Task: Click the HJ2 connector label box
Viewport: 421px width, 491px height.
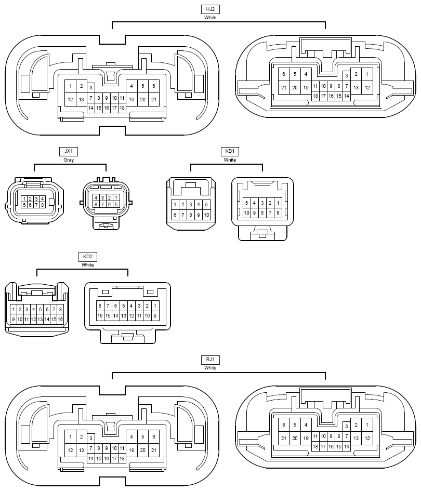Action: [x=210, y=9]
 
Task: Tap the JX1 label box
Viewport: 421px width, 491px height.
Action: [x=69, y=152]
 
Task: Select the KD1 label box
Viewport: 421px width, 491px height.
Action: [x=230, y=152]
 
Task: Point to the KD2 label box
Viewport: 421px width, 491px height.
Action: [x=88, y=257]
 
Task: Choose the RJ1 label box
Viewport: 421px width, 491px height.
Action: [x=210, y=360]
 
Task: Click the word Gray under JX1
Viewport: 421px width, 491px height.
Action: [x=69, y=160]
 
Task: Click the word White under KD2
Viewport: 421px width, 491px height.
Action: [x=88, y=265]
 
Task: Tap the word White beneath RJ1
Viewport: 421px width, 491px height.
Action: [x=210, y=368]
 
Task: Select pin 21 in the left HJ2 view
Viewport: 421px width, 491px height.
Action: [x=154, y=100]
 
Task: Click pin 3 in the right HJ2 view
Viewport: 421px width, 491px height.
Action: [x=347, y=75]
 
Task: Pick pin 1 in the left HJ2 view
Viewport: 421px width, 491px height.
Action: [x=71, y=86]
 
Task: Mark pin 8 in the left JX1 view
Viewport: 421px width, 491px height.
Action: [x=42, y=205]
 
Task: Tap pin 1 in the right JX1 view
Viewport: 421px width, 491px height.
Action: [x=116, y=197]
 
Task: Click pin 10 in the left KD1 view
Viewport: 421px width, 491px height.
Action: [x=206, y=215]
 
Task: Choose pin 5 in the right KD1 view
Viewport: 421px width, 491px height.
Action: [x=246, y=203]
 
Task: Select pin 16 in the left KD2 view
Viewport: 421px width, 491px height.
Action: [x=60, y=320]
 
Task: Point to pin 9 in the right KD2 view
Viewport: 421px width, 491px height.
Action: [x=155, y=316]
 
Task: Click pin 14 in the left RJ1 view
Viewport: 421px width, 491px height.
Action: [x=91, y=458]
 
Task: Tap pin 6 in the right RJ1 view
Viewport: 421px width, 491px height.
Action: [x=284, y=425]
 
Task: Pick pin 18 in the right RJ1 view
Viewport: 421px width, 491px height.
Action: [x=315, y=446]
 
